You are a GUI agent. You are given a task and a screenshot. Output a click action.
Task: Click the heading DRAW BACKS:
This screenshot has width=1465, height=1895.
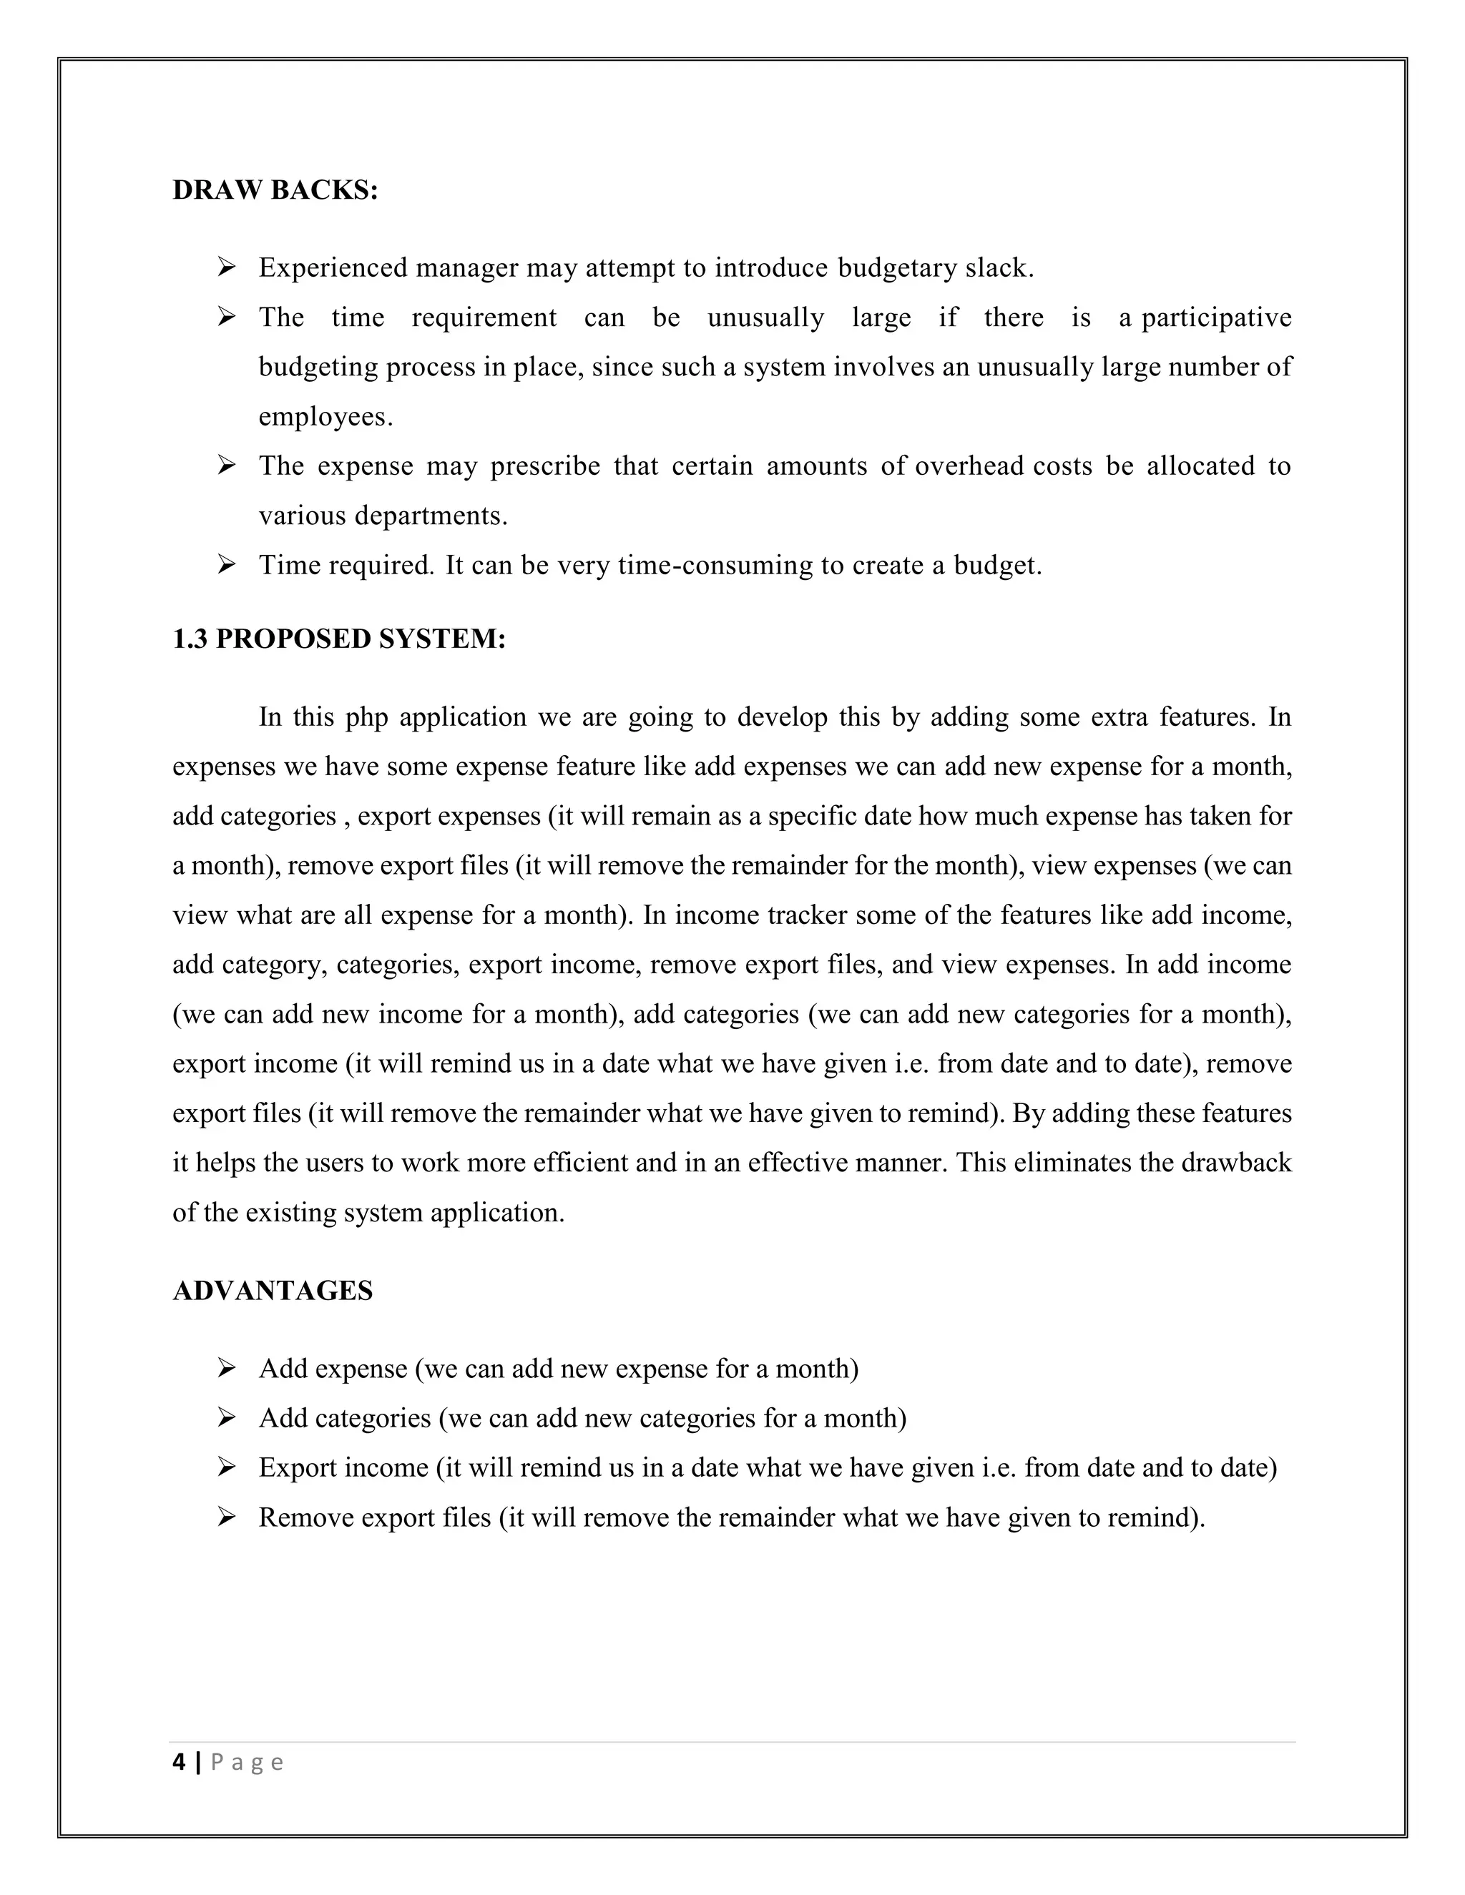coord(275,190)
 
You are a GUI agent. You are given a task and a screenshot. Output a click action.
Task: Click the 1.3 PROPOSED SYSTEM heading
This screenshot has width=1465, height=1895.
coord(338,639)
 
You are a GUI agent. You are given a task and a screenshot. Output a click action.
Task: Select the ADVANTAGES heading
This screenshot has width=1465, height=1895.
coord(273,1290)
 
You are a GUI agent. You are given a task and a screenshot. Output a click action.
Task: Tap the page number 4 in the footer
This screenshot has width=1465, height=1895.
coord(179,1762)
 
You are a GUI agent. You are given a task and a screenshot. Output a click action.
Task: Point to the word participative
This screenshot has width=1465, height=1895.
coord(1216,318)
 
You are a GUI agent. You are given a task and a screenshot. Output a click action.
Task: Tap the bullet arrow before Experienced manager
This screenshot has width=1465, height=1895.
coord(227,267)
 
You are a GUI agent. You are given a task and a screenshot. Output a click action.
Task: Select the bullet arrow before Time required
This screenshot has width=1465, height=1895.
coord(227,566)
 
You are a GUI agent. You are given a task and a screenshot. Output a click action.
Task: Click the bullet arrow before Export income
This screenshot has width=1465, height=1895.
coord(227,1467)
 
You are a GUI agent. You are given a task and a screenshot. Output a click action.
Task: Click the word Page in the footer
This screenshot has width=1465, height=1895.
coord(247,1762)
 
